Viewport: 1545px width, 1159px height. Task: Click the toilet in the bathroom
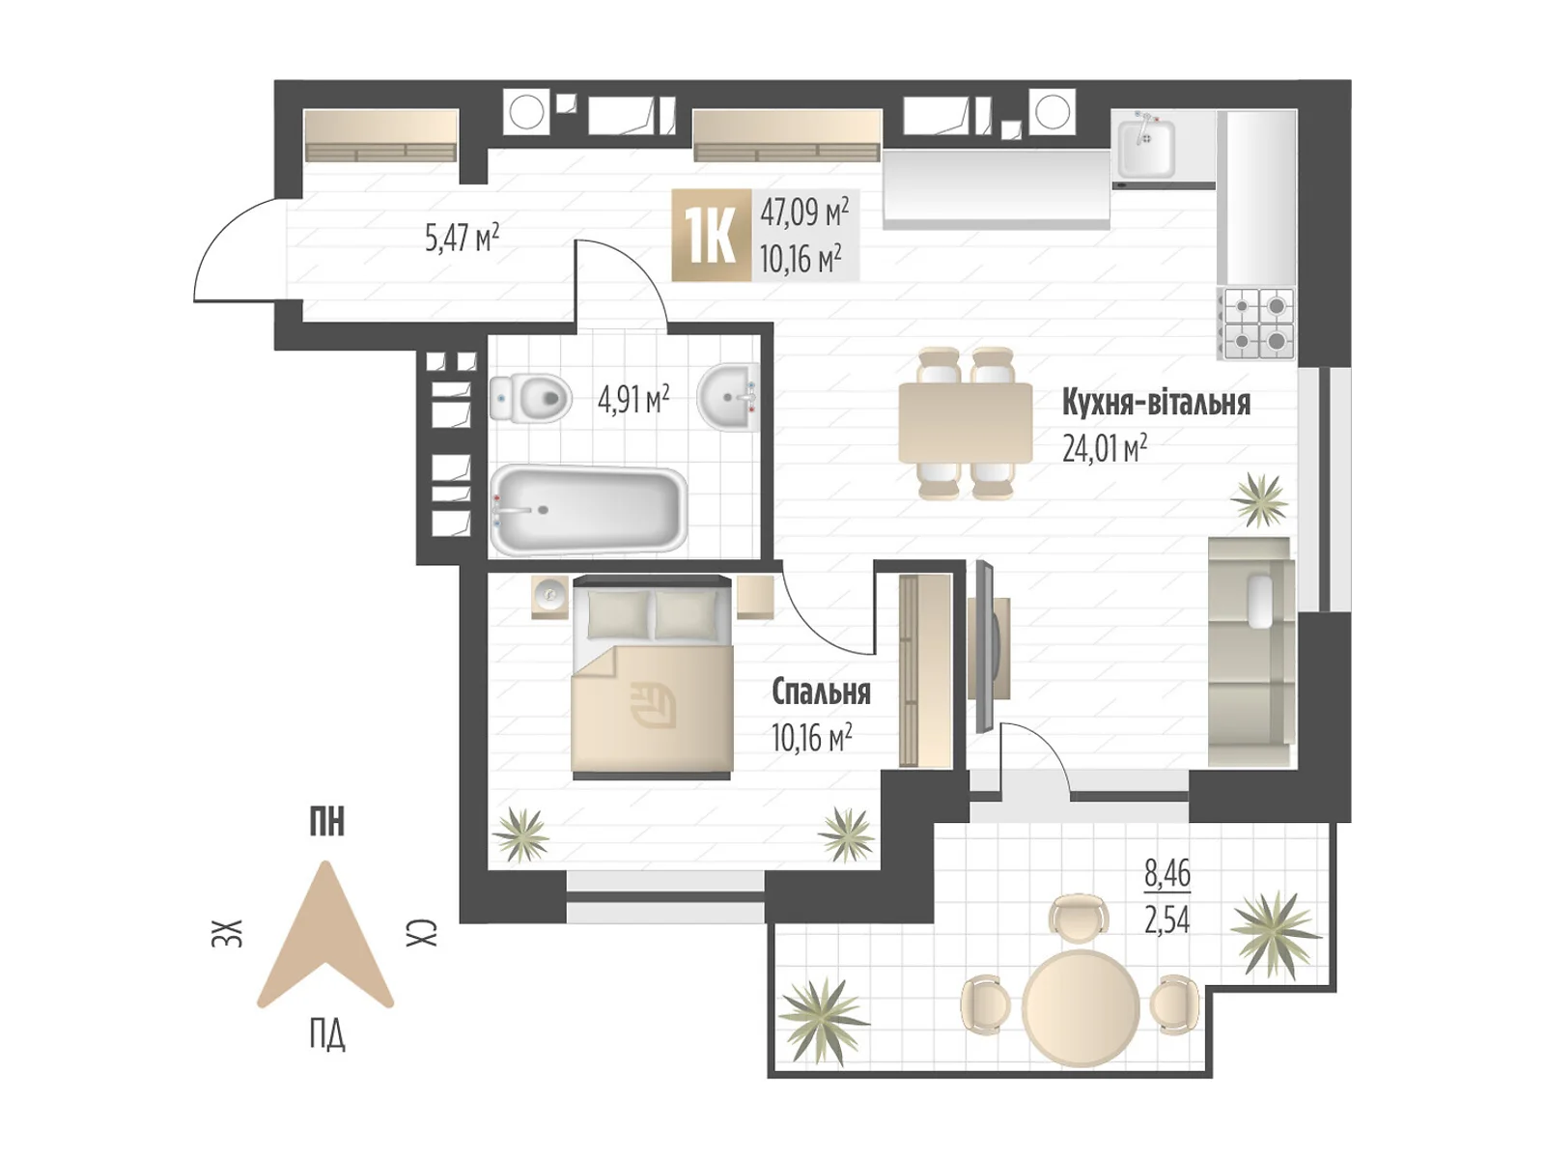click(x=530, y=398)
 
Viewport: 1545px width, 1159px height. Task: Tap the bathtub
click(x=588, y=510)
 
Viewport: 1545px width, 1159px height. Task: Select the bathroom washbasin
click(x=728, y=397)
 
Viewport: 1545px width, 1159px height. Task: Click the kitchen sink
click(x=1146, y=149)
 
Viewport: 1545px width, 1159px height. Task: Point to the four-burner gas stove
click(x=1256, y=325)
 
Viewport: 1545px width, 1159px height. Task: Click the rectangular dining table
click(x=965, y=423)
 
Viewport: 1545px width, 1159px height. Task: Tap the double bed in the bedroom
click(x=653, y=678)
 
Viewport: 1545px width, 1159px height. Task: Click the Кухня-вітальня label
click(x=1156, y=403)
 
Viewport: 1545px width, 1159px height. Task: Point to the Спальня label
click(x=821, y=693)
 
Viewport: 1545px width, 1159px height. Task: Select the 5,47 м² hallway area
click(x=462, y=238)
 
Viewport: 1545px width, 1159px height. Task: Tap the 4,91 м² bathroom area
click(x=632, y=400)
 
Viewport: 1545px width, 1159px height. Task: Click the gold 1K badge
click(x=712, y=236)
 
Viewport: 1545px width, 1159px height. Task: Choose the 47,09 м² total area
click(x=803, y=212)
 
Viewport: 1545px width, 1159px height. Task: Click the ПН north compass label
click(x=327, y=822)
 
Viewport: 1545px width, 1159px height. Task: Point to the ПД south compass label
click(x=327, y=1035)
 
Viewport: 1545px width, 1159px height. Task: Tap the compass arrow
click(x=325, y=935)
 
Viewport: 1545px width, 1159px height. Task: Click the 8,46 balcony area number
click(x=1167, y=873)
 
